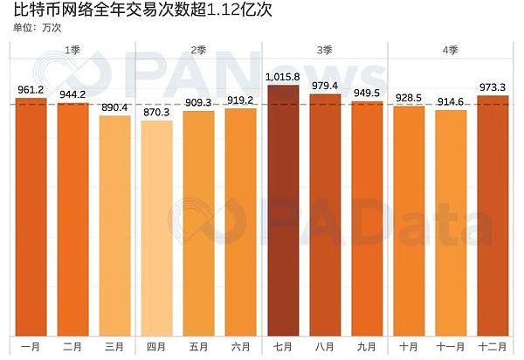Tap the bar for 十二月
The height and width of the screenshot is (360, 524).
(x=493, y=214)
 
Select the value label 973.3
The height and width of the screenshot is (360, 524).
(x=493, y=87)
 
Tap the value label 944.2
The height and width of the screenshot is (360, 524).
(x=73, y=94)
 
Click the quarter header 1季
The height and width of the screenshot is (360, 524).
(x=73, y=50)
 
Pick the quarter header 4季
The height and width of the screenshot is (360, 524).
(x=451, y=50)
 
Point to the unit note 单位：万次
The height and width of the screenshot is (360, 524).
(x=38, y=28)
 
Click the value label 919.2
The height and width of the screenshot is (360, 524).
(x=241, y=100)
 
